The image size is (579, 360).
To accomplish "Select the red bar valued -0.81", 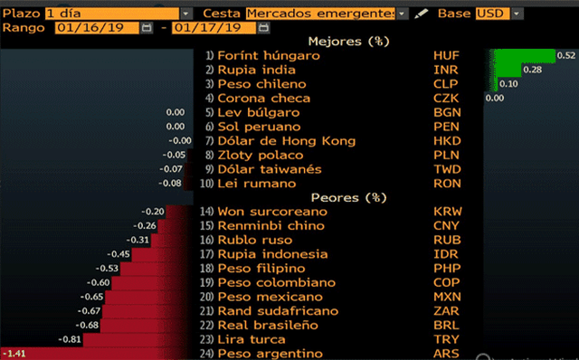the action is click(138, 339).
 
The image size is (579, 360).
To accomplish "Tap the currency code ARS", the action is click(446, 354).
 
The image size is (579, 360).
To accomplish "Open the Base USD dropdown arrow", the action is click(517, 14).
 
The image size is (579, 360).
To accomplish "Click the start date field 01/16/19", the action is click(97, 28).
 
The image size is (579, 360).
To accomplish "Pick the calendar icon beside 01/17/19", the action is click(263, 28).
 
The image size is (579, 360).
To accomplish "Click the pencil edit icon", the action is click(421, 14).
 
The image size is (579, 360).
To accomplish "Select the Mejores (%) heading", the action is click(349, 42).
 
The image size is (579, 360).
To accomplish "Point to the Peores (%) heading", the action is click(349, 197).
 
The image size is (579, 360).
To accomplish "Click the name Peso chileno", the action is click(261, 84).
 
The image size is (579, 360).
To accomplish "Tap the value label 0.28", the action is click(533, 70).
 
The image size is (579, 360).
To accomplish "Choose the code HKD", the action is click(447, 141).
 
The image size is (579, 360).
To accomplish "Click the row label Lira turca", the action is click(252, 340).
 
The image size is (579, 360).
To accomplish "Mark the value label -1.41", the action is click(14, 354).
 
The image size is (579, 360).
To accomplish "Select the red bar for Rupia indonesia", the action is click(163, 254).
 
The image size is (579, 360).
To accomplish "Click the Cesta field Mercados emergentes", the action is click(320, 14).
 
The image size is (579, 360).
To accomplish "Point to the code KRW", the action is click(448, 212).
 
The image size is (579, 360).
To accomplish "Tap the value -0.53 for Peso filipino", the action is click(107, 269).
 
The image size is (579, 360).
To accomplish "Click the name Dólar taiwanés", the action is click(270, 169).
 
